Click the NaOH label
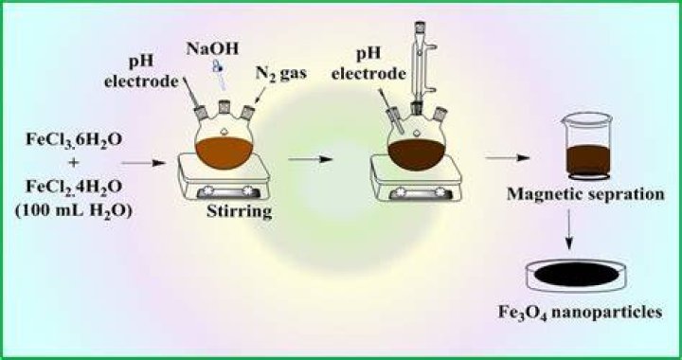pyautogui.click(x=213, y=48)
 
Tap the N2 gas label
pyautogui.click(x=280, y=73)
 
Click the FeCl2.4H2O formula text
pyautogui.click(x=74, y=187)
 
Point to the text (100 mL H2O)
pyautogui.click(x=74, y=212)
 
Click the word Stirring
pyautogui.click(x=240, y=212)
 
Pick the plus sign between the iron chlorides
pyautogui.click(x=74, y=164)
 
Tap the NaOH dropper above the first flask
pyautogui.click(x=219, y=74)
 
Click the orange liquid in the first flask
pyautogui.click(x=224, y=153)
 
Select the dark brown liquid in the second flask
pyautogui.click(x=417, y=154)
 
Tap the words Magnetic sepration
pyautogui.click(x=586, y=194)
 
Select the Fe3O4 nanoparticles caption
pyautogui.click(x=581, y=313)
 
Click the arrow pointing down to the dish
pyautogui.click(x=569, y=229)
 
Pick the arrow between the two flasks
pyautogui.click(x=310, y=159)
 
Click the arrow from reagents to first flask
pyautogui.click(x=144, y=163)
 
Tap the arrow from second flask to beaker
pyautogui.click(x=507, y=158)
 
